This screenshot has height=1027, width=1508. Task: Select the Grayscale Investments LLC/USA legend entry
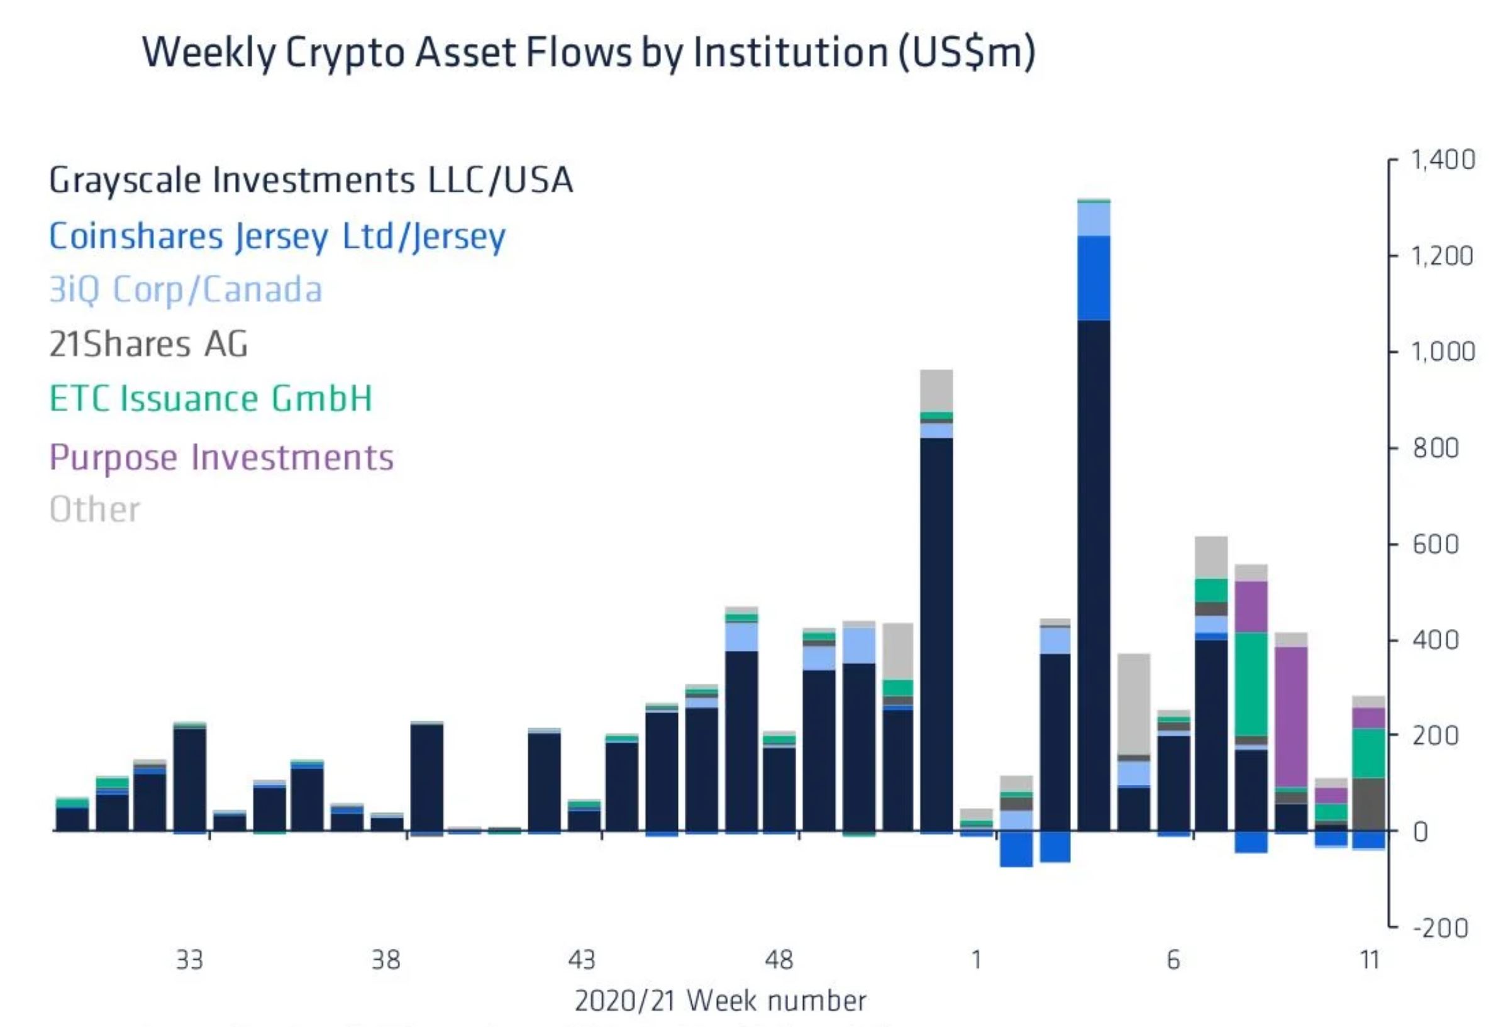(311, 180)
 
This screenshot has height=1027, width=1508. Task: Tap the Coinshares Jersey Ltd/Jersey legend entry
(277, 235)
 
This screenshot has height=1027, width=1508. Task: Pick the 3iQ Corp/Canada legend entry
(186, 289)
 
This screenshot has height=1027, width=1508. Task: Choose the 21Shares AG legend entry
(148, 344)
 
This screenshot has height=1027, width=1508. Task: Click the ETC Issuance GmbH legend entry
(211, 398)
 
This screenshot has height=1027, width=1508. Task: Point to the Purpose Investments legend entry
(221, 457)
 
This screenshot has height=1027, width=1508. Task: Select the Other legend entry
(95, 509)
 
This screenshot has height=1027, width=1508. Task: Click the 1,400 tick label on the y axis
(1443, 160)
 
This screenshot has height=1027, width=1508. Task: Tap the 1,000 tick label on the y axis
(1443, 352)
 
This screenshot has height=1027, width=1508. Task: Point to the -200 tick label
(1440, 928)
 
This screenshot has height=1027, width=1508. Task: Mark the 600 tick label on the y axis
(1436, 543)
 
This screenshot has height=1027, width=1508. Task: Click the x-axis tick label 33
(189, 960)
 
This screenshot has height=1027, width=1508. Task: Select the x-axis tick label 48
(779, 960)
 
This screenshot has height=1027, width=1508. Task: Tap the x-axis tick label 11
(1369, 960)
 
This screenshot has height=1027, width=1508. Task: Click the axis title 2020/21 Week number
(720, 1001)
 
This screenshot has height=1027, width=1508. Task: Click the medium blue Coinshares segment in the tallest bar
(1094, 278)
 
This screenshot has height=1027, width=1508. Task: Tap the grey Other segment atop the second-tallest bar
(936, 391)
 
